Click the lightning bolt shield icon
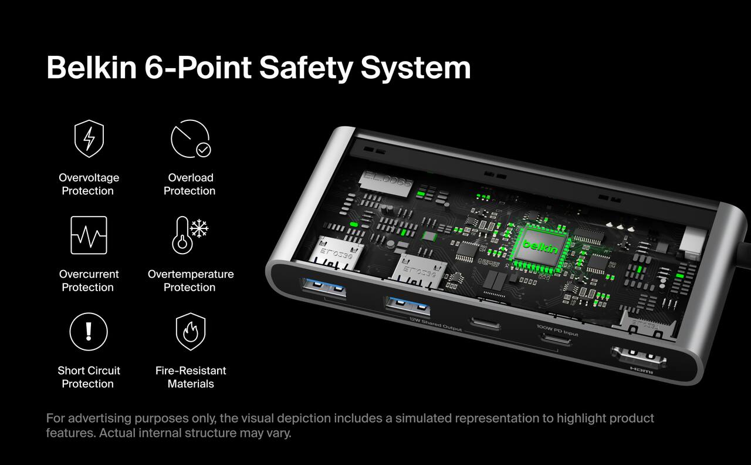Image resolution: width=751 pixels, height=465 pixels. pyautogui.click(x=89, y=139)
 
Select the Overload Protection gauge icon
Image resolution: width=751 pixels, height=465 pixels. pyautogui.click(x=190, y=139)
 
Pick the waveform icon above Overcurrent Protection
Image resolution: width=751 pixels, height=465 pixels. pyautogui.click(x=89, y=235)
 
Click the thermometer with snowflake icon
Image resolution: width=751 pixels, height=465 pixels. pyautogui.click(x=190, y=235)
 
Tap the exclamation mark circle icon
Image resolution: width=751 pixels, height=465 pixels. pyautogui.click(x=89, y=332)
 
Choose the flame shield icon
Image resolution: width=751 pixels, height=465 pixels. pyautogui.click(x=191, y=332)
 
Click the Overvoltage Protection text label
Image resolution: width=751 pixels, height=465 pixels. pyautogui.click(x=89, y=184)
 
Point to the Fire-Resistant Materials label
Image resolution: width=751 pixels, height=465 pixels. pyautogui.click(x=191, y=377)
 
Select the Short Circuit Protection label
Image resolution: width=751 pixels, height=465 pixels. pyautogui.click(x=89, y=377)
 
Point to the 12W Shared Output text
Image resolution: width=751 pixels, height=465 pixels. pyautogui.click(x=435, y=325)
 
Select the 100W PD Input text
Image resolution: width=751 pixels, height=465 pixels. pyautogui.click(x=557, y=331)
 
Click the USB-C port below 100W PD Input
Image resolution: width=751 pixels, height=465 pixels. pyautogui.click(x=556, y=341)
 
